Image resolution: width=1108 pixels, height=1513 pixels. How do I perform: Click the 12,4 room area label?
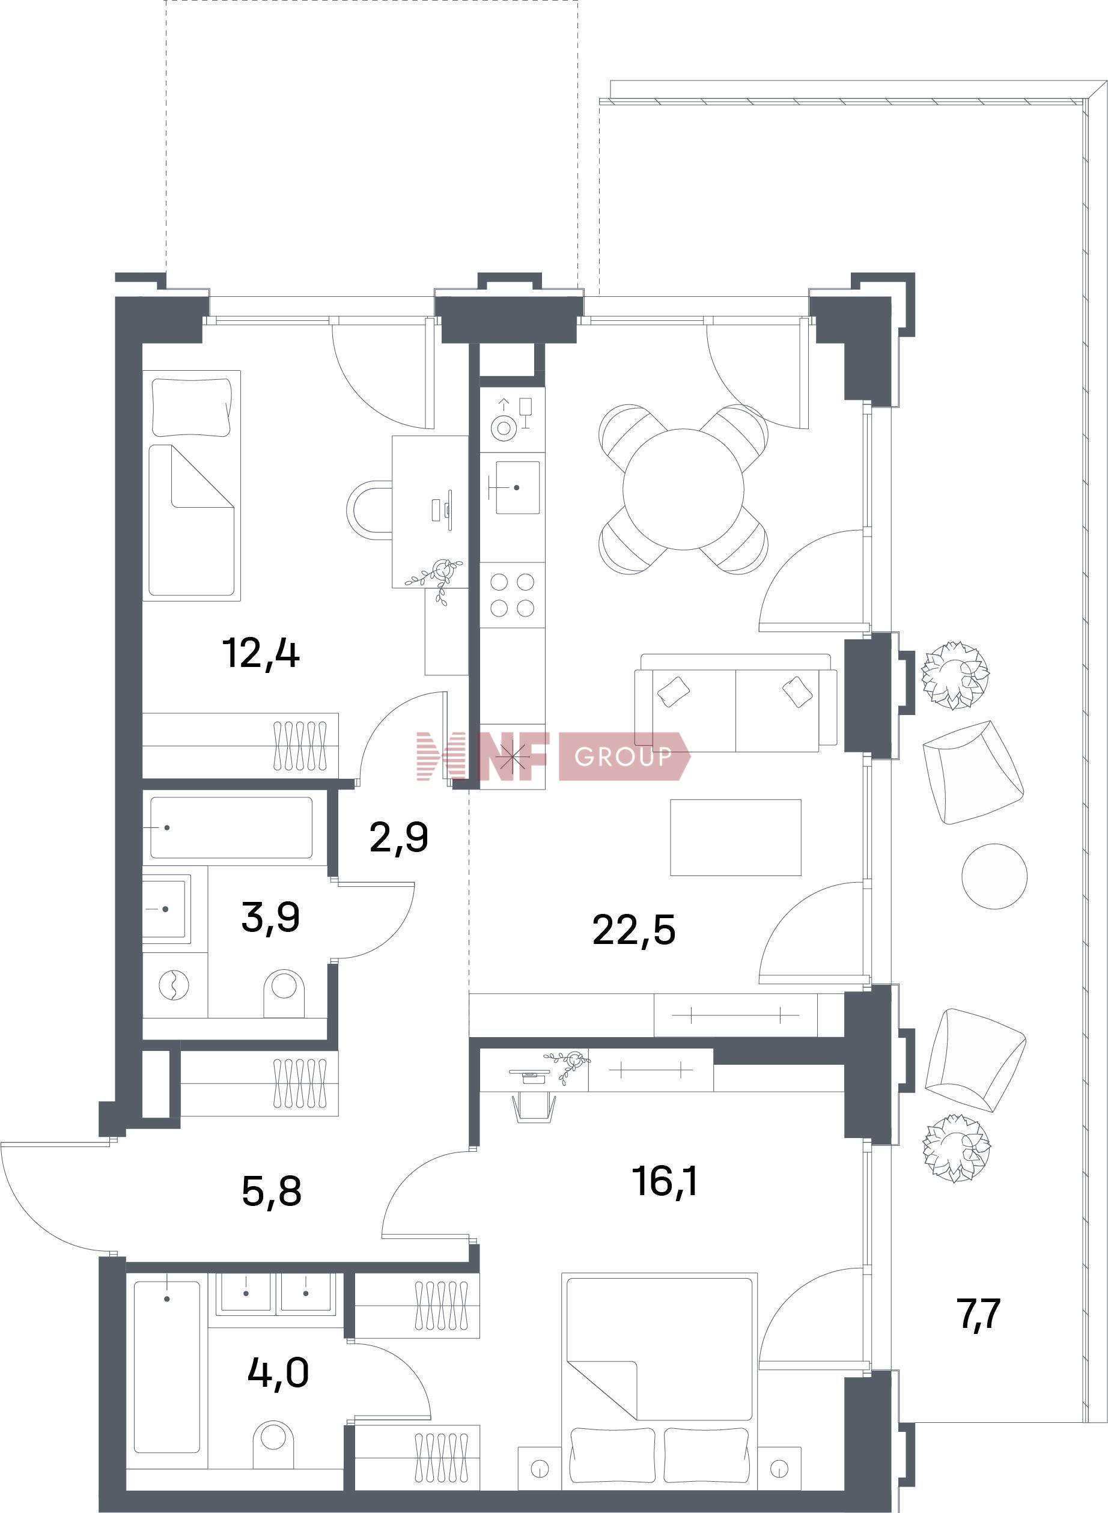click(260, 654)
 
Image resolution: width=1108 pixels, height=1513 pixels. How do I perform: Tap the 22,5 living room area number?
click(634, 931)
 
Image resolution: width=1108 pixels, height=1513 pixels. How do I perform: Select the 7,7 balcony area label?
click(980, 1314)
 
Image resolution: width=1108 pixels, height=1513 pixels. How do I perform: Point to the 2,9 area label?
click(398, 838)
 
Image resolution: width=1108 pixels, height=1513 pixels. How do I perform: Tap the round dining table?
click(683, 489)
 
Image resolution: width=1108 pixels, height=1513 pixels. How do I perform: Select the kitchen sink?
click(517, 487)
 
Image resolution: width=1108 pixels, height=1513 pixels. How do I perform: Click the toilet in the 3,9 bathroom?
click(285, 993)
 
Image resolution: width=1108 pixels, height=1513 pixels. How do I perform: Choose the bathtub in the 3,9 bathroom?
click(231, 827)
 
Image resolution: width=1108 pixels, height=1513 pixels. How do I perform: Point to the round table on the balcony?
click(994, 876)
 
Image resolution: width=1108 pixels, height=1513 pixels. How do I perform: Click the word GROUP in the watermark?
click(623, 757)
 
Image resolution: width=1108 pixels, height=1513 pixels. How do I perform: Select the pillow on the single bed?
click(192, 407)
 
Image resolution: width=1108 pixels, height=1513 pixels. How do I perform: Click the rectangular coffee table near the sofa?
click(735, 838)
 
